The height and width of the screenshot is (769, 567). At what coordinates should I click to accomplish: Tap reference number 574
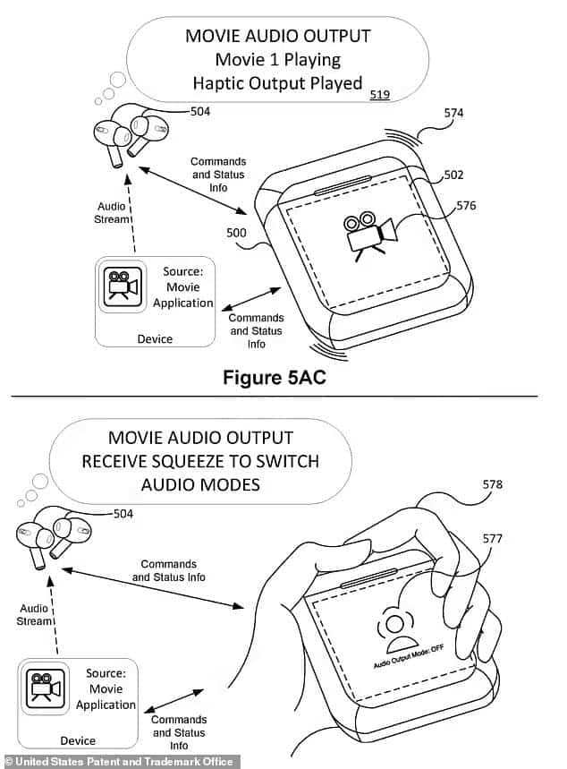click(455, 114)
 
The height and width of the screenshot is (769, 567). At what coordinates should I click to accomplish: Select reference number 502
click(453, 175)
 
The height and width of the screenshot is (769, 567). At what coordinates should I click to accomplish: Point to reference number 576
click(466, 206)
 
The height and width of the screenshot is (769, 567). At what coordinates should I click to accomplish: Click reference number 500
click(236, 234)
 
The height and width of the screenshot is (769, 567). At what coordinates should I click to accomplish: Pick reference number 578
click(492, 484)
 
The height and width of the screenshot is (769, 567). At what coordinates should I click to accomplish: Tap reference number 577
click(492, 538)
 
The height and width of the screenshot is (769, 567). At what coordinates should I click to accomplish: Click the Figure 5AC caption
click(274, 377)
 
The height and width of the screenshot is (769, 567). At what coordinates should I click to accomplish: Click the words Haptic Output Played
click(277, 83)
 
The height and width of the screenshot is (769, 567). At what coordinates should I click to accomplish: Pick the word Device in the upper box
click(155, 339)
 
